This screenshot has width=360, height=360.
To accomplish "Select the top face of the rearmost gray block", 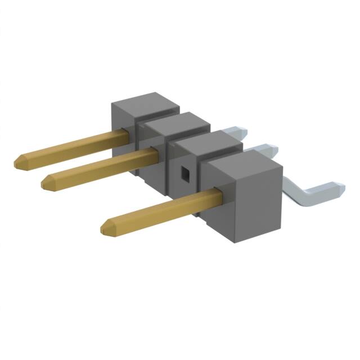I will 145,103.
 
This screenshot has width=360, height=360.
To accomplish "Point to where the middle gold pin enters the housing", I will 156,152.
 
